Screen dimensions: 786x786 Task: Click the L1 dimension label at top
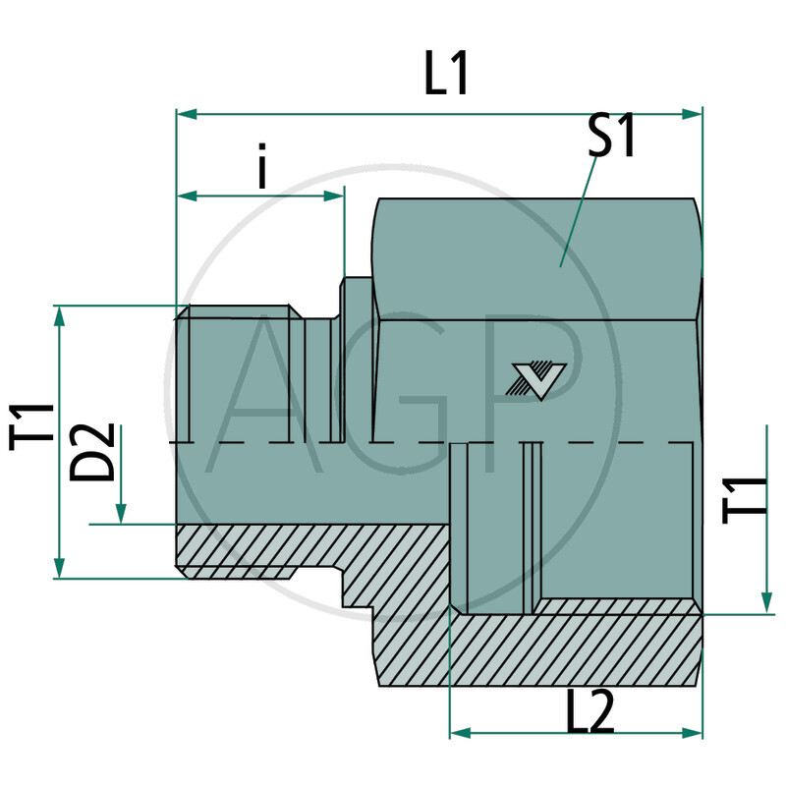446,77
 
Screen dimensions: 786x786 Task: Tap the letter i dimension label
261,169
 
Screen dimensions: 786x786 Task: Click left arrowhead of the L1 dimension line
184,115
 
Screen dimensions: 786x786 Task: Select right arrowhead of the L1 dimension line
697,115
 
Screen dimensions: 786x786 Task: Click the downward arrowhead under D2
121,515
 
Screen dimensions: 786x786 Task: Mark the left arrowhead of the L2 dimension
457,733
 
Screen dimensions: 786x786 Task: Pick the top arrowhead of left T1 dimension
60,313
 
